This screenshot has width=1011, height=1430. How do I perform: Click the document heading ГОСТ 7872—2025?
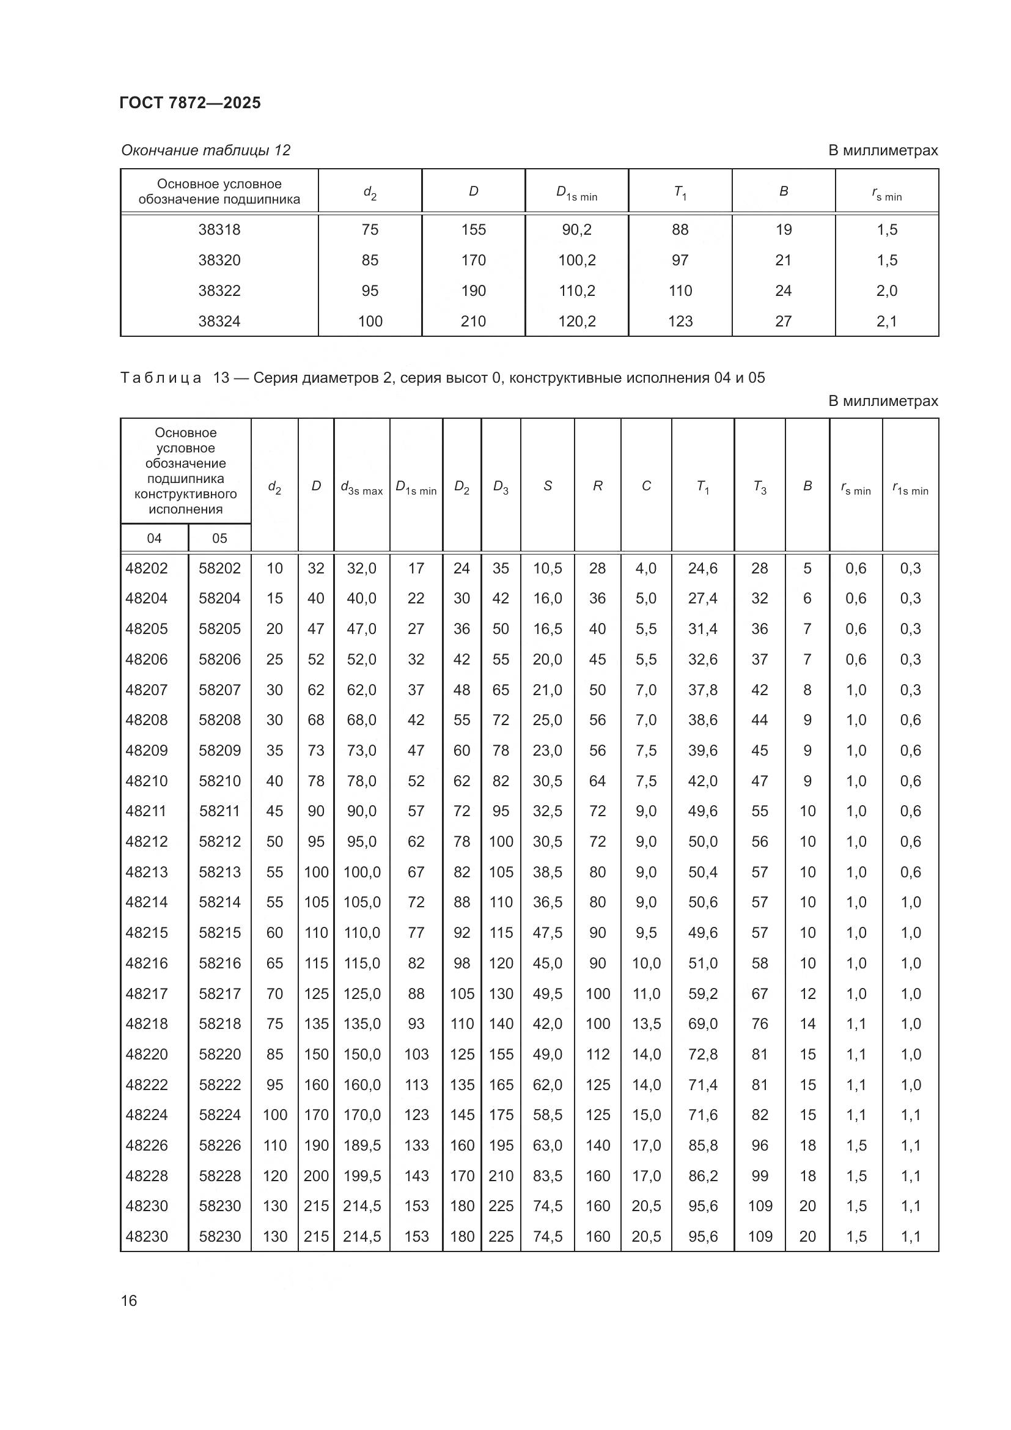(190, 103)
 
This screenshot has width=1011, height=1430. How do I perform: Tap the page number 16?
(129, 1300)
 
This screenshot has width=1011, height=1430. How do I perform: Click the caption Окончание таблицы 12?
(205, 150)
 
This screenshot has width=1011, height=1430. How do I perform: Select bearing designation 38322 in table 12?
(219, 291)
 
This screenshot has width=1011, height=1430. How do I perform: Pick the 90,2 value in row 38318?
(576, 230)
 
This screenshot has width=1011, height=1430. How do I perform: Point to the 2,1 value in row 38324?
(886, 322)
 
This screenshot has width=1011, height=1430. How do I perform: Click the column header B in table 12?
(783, 191)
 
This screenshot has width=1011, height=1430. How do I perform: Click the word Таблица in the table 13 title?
(161, 378)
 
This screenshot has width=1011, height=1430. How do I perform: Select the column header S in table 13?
(547, 486)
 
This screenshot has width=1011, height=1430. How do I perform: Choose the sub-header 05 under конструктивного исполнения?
(219, 538)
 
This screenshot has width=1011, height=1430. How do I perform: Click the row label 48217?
(147, 993)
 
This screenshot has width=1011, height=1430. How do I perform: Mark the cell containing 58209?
(219, 751)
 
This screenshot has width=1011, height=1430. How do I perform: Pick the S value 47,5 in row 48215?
(547, 933)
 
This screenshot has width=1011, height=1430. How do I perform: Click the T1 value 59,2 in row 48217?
(702, 993)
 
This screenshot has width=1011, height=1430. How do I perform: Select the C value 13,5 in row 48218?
(646, 1024)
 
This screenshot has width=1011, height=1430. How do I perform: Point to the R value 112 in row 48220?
(598, 1055)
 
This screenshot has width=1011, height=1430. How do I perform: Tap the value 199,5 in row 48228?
(362, 1176)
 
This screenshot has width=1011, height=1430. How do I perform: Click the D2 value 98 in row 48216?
(461, 964)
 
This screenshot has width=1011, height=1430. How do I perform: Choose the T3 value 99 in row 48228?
(760, 1176)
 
